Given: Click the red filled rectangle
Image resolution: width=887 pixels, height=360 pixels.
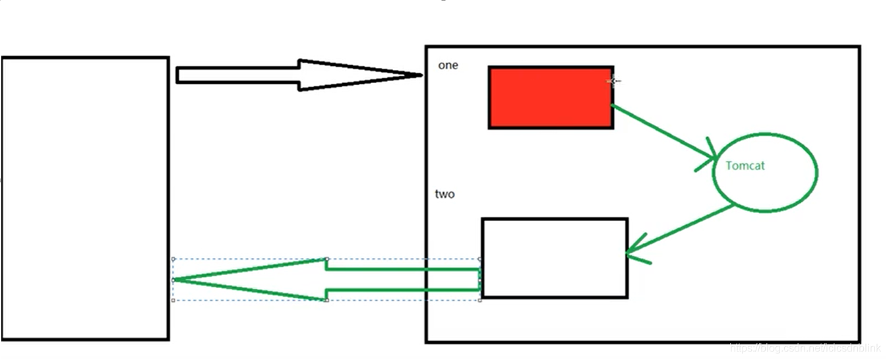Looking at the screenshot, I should [551, 97].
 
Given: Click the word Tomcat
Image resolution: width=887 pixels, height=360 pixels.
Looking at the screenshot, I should [745, 165].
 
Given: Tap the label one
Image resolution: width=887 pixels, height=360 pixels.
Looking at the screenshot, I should [448, 65].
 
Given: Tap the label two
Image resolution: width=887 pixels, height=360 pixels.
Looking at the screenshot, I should [445, 194].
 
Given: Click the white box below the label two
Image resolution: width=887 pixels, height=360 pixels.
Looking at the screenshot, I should [555, 258].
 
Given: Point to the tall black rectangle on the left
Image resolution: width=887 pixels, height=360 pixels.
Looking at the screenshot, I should [85, 198].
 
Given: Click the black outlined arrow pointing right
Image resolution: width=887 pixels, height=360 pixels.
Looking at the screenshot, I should [297, 75].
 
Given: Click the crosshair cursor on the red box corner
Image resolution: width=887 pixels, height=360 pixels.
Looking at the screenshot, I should [614, 81].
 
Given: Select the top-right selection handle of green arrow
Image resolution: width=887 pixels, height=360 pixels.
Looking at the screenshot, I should [479, 258].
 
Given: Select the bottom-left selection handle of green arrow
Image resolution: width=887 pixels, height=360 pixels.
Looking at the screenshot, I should [173, 301].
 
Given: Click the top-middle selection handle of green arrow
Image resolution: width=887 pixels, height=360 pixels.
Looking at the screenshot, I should [326, 258].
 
